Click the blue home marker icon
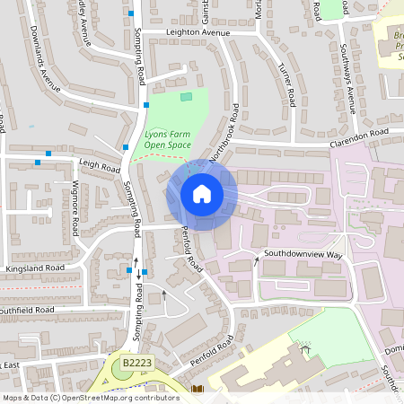tap(202, 193)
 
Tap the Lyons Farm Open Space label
tap(169, 139)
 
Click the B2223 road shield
tap(136, 362)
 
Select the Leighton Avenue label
tap(198, 32)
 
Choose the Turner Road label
tap(286, 83)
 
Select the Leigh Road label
tap(99, 167)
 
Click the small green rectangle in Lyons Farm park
tap(186, 96)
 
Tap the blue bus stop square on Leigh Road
tap(38, 162)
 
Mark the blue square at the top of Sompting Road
tap(132, 13)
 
